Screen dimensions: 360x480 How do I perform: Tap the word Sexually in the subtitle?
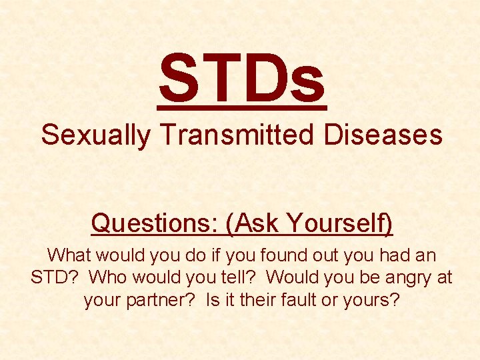click(x=96, y=135)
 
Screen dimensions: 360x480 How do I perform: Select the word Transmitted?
click(x=237, y=135)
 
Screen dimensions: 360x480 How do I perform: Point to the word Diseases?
click(x=383, y=135)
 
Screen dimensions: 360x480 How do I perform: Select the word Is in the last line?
click(x=214, y=300)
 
